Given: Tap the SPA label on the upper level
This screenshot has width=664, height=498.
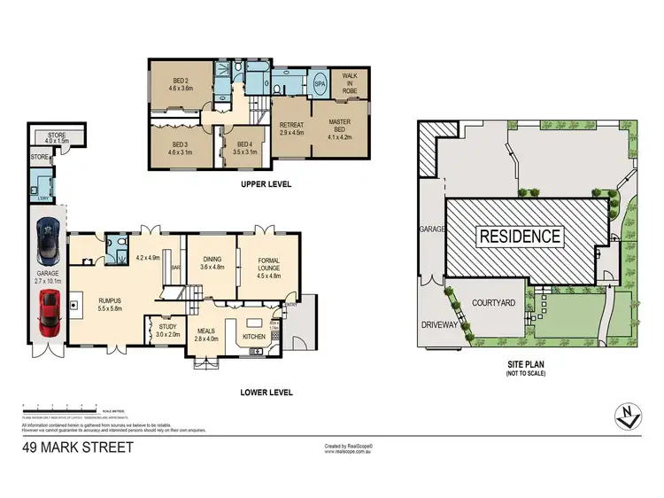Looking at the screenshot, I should click(320, 84).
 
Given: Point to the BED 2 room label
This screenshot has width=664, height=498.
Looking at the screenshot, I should click(183, 84).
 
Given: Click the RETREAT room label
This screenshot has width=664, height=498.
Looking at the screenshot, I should click(291, 128).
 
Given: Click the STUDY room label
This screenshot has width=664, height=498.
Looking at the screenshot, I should click(166, 330).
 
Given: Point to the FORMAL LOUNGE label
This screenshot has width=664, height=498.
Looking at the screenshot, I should click(267, 263).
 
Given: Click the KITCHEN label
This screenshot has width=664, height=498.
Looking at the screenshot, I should click(255, 337).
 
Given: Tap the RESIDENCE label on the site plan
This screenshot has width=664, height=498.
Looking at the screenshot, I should click(520, 236).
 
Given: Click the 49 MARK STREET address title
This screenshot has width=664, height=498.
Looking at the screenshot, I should click(78, 447).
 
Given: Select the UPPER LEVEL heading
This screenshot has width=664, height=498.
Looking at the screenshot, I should click(266, 184).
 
